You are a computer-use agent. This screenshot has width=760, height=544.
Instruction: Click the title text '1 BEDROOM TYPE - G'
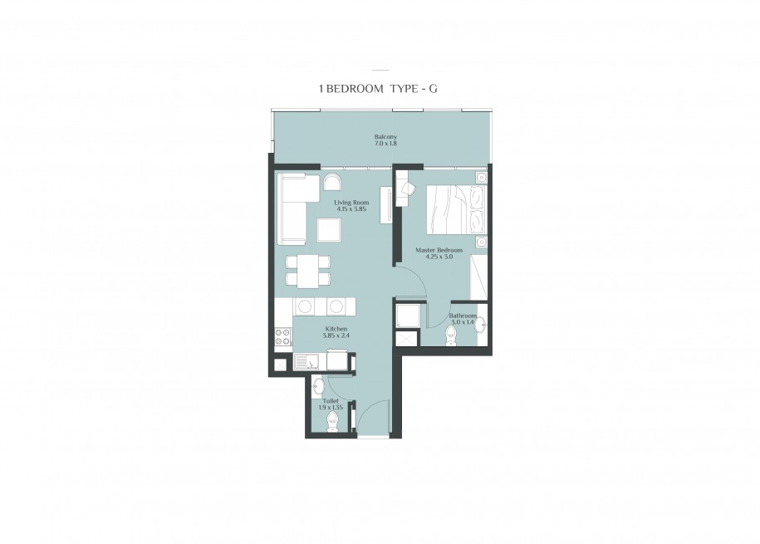click(x=378, y=89)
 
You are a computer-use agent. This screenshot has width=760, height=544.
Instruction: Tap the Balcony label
click(x=385, y=137)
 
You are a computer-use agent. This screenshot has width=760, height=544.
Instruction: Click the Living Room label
click(x=351, y=203)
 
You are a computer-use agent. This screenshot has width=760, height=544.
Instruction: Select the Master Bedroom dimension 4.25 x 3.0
click(x=439, y=257)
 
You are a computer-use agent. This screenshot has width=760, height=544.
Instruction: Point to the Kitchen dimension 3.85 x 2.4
click(x=336, y=335)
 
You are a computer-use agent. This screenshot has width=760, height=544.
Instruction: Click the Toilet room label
click(x=331, y=401)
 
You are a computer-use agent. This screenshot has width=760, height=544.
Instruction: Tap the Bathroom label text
click(x=463, y=316)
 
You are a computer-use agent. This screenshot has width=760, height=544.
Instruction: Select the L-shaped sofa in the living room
click(x=292, y=209)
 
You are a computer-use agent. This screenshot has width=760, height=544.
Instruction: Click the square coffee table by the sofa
click(x=329, y=230)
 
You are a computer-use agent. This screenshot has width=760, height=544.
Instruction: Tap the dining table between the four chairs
click(x=308, y=271)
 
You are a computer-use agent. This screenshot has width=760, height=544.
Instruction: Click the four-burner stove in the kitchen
click(x=283, y=336)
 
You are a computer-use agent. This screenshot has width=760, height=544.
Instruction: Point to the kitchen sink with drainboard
click(x=306, y=361)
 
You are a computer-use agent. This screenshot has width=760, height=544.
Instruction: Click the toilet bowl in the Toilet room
click(x=332, y=423)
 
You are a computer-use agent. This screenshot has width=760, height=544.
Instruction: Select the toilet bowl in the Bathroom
click(x=451, y=336)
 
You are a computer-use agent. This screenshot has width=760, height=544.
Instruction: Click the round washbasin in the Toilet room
click(x=318, y=386)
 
